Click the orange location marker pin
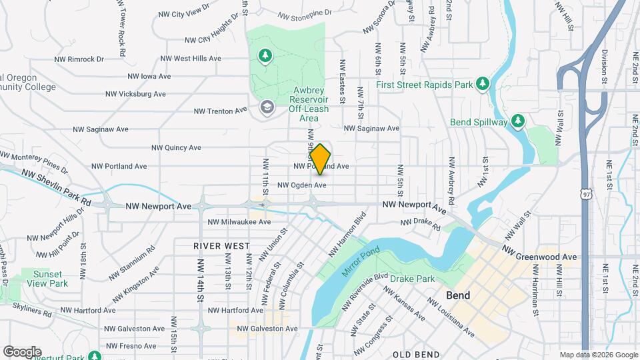tap(321, 159)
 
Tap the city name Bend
tap(458, 295)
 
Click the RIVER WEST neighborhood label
tap(221, 246)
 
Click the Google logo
tap(22, 351)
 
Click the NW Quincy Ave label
tap(176, 148)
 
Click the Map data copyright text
tap(598, 355)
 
